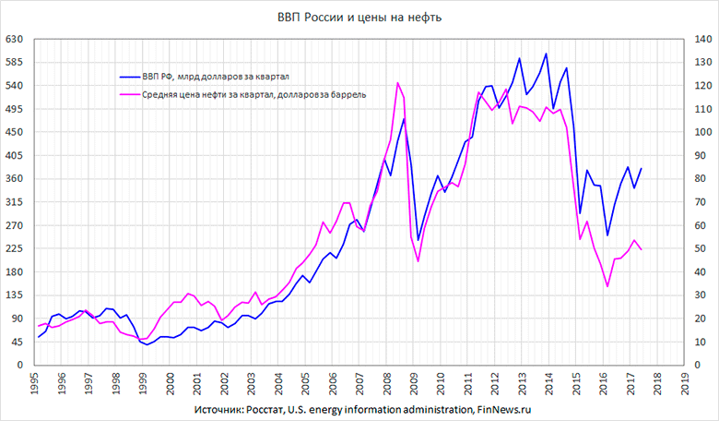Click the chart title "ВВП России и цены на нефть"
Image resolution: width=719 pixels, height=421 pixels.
pyautogui.click(x=359, y=18)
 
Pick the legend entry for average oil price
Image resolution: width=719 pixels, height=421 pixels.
pyautogui.click(x=254, y=94)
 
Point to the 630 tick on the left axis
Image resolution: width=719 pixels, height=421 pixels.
pyautogui.click(x=16, y=40)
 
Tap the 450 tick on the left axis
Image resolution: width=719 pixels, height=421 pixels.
pyautogui.click(x=16, y=132)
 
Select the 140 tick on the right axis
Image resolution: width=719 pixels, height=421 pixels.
pyautogui.click(x=692, y=40)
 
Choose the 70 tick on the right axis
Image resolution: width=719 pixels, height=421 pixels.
pyautogui.click(x=692, y=202)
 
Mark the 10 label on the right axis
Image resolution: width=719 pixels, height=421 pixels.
pyautogui.click(x=692, y=342)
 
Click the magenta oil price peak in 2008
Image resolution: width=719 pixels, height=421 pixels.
pyautogui.click(x=397, y=83)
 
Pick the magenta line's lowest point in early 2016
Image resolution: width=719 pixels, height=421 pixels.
pyautogui.click(x=607, y=286)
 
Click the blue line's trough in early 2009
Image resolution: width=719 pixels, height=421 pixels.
pyautogui.click(x=418, y=240)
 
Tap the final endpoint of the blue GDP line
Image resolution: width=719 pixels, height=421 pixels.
pyautogui.click(x=641, y=169)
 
